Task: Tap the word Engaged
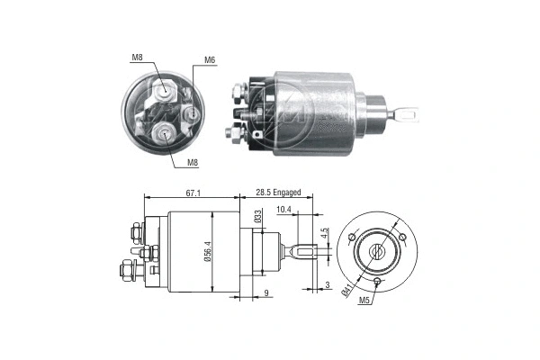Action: [288, 193]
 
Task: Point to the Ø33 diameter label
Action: [257, 217]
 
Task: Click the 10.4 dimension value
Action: [283, 210]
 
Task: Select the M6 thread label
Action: [210, 60]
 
